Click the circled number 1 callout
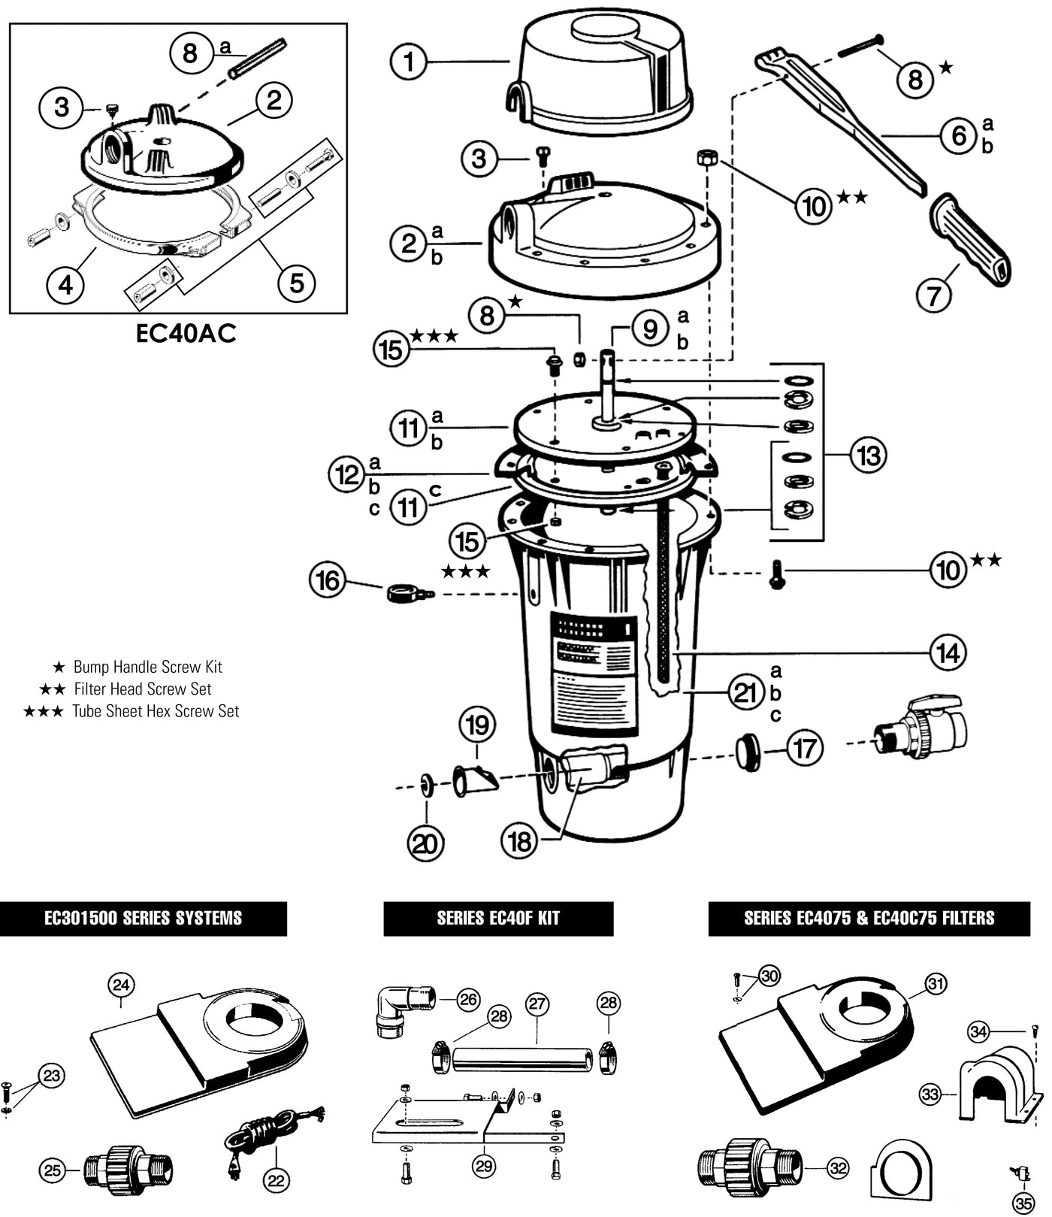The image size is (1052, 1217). point(409,62)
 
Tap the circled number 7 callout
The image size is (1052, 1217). point(933,295)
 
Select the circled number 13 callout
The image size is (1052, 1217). point(868,455)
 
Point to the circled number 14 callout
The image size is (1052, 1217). point(948,652)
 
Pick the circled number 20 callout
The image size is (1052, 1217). point(425,843)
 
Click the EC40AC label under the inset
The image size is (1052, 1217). point(186,333)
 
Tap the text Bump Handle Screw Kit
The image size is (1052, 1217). point(147,667)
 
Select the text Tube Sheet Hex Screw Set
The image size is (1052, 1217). point(156,711)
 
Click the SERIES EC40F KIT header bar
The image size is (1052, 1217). point(498,919)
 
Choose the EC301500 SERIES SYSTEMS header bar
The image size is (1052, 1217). point(143,919)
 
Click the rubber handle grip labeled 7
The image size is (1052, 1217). point(970,239)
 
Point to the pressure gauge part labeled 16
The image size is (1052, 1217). point(407,594)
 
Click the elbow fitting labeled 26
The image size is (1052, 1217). point(403,1009)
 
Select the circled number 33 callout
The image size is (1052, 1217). point(930,1094)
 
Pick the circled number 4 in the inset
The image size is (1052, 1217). point(66,284)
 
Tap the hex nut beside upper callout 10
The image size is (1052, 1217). point(706,158)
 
